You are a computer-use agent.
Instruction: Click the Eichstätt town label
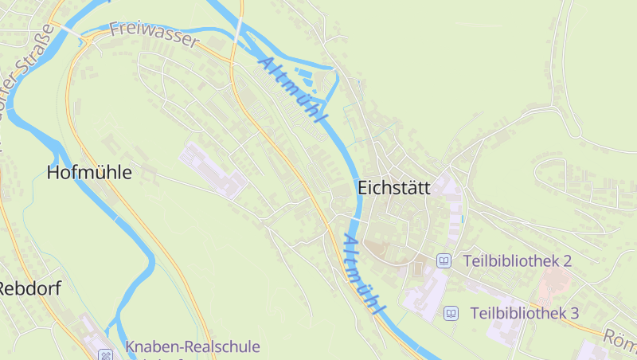click(x=393, y=189)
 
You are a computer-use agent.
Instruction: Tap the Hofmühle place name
click(x=88, y=172)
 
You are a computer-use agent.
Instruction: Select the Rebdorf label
click(x=29, y=288)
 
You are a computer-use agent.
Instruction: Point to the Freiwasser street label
click(x=154, y=35)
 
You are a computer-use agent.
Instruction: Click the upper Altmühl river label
click(x=293, y=89)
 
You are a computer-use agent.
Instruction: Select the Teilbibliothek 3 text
click(x=524, y=313)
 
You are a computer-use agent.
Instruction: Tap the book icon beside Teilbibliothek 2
click(x=444, y=260)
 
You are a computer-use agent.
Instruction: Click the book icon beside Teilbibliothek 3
click(x=451, y=313)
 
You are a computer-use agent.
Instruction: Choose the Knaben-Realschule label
click(x=192, y=347)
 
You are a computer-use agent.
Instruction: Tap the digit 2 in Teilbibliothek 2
click(x=567, y=260)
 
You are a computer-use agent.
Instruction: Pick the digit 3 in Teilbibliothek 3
click(x=573, y=313)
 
